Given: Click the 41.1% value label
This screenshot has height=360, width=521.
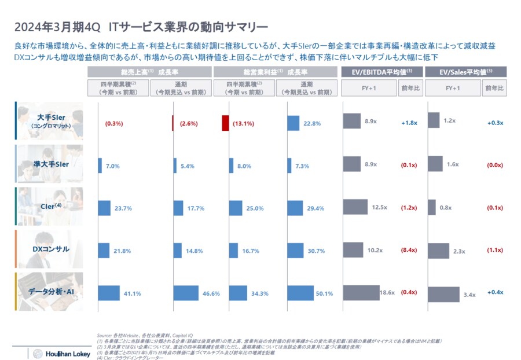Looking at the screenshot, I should tap(133, 293).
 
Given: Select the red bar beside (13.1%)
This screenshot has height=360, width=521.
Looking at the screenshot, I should tap(225, 123).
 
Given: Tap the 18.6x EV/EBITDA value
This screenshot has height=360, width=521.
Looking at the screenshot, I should tap(387, 293).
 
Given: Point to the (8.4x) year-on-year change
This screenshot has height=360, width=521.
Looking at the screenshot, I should tap(409, 251).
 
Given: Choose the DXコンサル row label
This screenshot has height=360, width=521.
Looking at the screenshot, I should tap(50, 249).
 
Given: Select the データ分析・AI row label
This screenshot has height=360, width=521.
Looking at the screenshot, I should tap(50, 292).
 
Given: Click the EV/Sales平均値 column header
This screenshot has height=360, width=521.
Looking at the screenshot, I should tap(466, 71).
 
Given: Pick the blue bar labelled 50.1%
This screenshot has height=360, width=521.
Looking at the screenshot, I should tap(302, 293).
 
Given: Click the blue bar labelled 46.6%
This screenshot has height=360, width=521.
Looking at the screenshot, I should tap(186, 293).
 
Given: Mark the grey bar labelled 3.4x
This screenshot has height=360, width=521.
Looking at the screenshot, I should tap(443, 294).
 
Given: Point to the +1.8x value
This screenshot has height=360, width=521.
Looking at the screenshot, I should tap(409, 123).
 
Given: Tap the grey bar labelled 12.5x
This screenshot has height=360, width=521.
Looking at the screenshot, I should tap(355, 207).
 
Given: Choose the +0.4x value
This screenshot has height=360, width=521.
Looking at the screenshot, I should tap(495, 293).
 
